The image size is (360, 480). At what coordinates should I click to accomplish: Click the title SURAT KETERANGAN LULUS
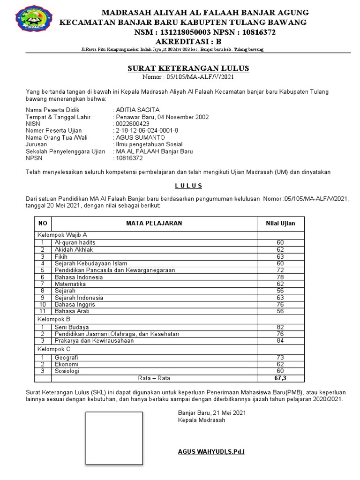tap(188, 69)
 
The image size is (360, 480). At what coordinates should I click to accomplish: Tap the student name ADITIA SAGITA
tap(138, 110)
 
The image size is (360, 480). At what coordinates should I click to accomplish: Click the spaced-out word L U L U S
tap(188, 186)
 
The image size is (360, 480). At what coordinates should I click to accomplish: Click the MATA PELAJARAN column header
tap(154, 224)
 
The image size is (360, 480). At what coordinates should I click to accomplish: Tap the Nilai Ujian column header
tap(280, 224)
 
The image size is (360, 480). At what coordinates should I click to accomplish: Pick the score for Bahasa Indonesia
tap(280, 277)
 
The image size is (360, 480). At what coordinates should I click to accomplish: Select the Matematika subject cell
tap(70, 284)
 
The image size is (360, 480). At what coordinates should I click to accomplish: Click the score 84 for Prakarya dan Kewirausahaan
tap(280, 341)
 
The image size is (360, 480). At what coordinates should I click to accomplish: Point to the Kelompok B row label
tap(54, 319)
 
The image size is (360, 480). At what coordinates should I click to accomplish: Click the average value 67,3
tap(280, 378)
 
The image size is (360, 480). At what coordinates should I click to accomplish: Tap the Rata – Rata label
tap(154, 378)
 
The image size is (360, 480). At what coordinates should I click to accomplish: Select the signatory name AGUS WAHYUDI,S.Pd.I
tap(211, 452)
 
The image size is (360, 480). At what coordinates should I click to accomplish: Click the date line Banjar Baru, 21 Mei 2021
tap(211, 413)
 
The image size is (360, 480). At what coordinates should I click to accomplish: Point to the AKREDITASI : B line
tap(188, 41)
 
